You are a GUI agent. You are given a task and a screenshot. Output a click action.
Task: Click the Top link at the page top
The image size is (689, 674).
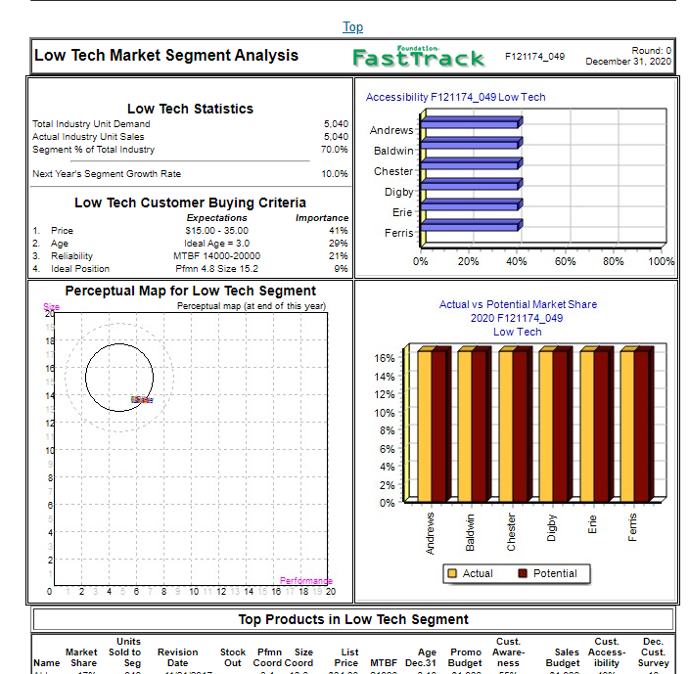click(x=352, y=26)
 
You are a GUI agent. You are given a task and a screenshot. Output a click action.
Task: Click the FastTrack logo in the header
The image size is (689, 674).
click(x=418, y=57)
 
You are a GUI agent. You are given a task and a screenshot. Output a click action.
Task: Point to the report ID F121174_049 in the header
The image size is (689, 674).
click(x=534, y=57)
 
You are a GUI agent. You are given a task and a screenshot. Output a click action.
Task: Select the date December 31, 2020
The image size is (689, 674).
click(x=628, y=62)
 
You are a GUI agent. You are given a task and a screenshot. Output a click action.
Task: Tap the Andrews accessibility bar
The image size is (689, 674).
click(x=470, y=122)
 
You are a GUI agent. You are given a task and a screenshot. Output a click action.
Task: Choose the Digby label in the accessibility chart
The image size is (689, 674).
click(x=398, y=192)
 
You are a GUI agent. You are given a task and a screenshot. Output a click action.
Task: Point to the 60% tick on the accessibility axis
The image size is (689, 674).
click(x=565, y=261)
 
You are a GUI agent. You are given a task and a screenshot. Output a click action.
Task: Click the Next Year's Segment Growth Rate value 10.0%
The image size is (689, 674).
click(x=335, y=174)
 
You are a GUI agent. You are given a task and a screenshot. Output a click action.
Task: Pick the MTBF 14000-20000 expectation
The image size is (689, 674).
click(x=216, y=256)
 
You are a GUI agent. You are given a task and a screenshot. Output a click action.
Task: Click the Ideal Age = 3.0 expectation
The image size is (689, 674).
click(x=216, y=244)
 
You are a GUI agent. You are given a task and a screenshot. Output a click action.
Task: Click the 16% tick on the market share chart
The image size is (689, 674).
click(x=384, y=358)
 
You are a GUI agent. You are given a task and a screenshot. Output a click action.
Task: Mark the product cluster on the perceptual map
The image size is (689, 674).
click(x=142, y=399)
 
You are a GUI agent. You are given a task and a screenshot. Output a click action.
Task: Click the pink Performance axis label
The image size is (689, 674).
click(x=306, y=582)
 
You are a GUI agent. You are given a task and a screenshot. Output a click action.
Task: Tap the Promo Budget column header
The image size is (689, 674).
click(x=465, y=657)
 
